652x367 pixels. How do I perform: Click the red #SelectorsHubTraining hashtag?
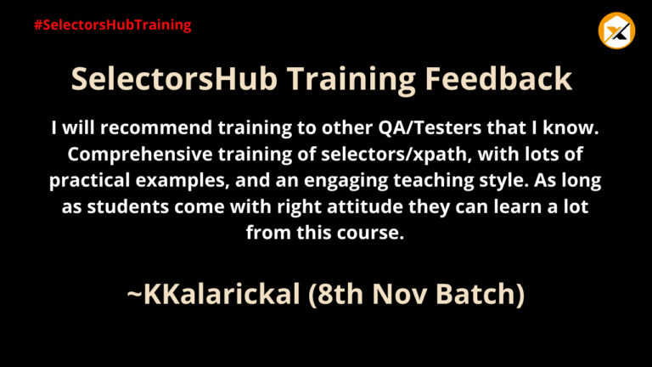[113, 25]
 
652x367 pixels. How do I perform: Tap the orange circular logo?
[616, 31]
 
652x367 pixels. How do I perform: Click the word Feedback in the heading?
[498, 79]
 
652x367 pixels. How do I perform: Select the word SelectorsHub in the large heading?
[174, 79]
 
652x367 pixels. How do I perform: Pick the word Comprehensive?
[140, 155]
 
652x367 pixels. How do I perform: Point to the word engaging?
[346, 181]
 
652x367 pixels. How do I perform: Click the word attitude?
[365, 206]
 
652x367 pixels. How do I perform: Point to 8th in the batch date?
[341, 294]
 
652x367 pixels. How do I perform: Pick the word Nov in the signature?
[399, 294]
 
